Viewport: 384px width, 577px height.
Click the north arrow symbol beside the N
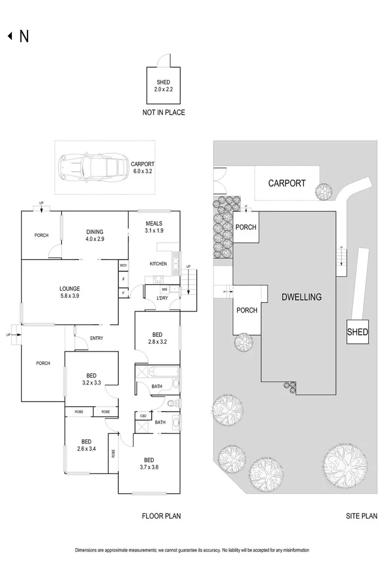9,37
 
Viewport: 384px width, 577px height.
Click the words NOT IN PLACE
163,112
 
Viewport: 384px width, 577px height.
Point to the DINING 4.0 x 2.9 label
94,236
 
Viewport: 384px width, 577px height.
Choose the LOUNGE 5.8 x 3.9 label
69,292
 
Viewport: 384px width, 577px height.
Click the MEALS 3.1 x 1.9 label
154,227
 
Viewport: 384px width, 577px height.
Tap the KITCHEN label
158,264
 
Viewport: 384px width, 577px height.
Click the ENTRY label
96,338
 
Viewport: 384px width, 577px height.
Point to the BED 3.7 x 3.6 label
149,463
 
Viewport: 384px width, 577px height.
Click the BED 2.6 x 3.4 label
86,446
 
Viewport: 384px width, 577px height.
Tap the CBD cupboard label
143,416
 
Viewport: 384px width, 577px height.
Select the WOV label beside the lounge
123,266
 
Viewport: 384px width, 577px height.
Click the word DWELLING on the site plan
302,297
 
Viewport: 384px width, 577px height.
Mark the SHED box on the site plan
357,332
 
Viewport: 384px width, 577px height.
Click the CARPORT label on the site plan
286,183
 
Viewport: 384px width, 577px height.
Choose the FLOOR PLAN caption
161,516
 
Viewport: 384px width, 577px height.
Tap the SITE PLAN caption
361,516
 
